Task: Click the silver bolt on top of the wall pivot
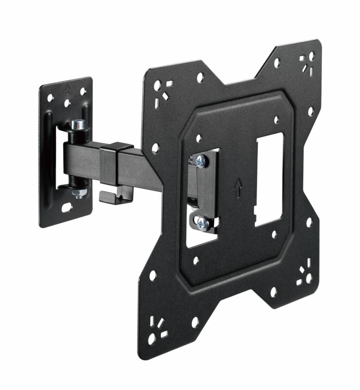pyautogui.click(x=78, y=125)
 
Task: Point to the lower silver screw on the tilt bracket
pyautogui.click(x=202, y=223)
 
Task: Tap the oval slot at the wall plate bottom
pyautogui.click(x=67, y=208)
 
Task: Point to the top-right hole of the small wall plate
pyautogui.click(x=83, y=91)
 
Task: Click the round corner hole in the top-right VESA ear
pyautogui.click(x=312, y=56)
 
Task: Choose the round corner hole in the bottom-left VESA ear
pyautogui.click(x=152, y=339)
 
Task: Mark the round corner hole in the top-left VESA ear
pyautogui.click(x=157, y=86)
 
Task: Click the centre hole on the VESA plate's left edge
pyautogui.click(x=155, y=148)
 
